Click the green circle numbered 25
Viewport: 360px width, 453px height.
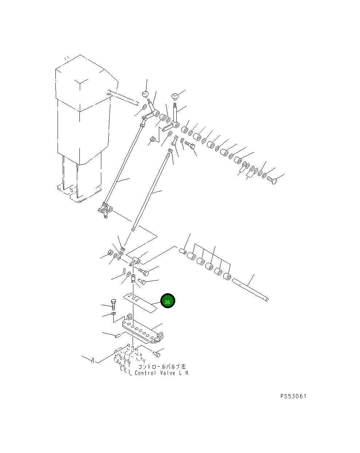coord(168,301)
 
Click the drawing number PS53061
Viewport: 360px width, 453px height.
coord(293,396)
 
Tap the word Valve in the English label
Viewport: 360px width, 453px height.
coord(167,373)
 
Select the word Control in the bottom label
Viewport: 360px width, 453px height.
coord(145,373)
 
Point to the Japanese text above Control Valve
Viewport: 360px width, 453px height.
coord(162,367)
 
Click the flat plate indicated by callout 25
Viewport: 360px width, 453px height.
coord(140,303)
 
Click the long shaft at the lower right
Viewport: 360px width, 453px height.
coord(250,290)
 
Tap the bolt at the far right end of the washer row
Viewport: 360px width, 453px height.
coord(272,180)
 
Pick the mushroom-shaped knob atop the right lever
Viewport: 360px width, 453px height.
coord(175,96)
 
